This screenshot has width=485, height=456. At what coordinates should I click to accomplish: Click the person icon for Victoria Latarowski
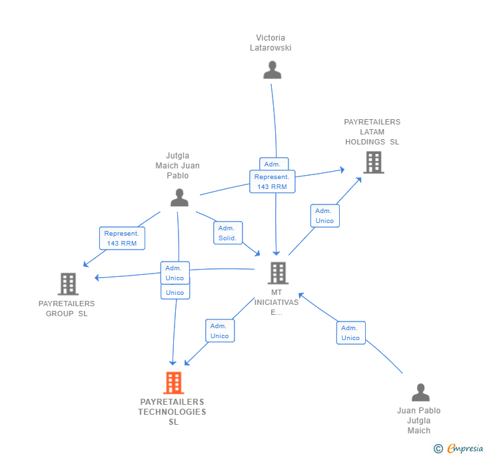(272, 70)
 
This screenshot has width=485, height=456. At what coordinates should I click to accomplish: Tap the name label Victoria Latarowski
(270, 43)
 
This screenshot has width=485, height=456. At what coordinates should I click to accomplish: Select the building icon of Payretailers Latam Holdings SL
(373, 162)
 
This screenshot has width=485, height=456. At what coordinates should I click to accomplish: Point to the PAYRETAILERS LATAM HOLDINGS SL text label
(372, 132)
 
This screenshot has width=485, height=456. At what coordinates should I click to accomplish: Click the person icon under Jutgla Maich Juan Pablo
(179, 198)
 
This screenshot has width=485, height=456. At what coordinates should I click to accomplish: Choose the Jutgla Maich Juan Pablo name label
(177, 166)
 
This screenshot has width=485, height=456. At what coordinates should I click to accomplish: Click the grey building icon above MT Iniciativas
(277, 273)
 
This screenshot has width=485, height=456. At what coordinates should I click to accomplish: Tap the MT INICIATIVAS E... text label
(276, 302)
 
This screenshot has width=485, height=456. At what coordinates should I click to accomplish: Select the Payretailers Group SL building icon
(68, 284)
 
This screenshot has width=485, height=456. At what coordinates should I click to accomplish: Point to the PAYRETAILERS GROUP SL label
(67, 308)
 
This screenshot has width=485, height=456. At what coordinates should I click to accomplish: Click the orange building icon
(173, 383)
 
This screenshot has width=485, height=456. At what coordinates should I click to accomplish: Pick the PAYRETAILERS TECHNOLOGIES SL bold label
(172, 411)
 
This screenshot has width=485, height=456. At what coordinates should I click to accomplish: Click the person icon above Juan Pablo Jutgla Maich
(420, 393)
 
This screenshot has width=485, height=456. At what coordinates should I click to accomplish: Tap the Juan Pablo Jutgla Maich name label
(419, 421)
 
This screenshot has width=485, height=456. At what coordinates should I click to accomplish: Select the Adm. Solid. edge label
(227, 233)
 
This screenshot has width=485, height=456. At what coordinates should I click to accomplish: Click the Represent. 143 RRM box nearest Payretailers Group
(121, 238)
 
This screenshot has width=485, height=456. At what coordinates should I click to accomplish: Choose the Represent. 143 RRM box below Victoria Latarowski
(272, 182)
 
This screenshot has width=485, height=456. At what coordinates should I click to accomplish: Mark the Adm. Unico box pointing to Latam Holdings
(324, 216)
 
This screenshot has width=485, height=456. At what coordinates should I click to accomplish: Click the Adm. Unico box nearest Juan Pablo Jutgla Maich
(350, 333)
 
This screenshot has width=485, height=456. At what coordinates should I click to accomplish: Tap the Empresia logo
(460, 449)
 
